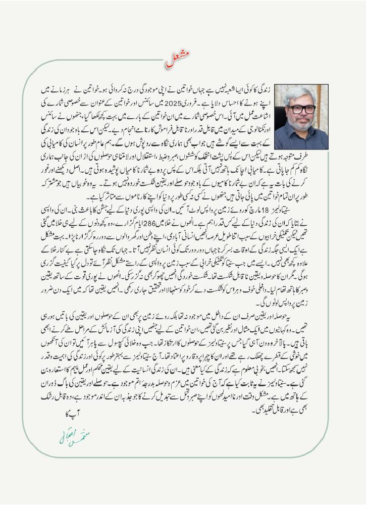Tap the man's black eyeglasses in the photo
[x=302, y=109]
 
